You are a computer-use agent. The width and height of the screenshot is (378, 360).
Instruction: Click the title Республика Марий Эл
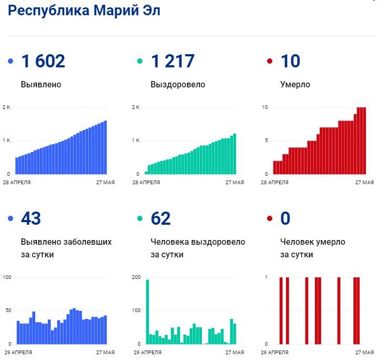84,11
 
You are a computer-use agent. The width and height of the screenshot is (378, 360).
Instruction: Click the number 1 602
43,62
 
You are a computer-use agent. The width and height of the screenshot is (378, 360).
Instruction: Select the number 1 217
172,62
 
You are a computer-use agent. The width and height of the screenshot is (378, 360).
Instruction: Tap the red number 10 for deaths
290,62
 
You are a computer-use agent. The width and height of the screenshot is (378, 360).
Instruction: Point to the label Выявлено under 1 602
41,84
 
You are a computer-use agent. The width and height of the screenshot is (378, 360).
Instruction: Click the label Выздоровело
178,84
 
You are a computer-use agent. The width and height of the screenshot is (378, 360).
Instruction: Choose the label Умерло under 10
295,84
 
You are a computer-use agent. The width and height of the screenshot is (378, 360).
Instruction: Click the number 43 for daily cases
31,218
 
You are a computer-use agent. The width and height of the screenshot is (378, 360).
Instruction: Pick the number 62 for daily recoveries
161,218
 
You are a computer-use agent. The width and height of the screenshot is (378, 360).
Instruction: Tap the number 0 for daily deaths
285,218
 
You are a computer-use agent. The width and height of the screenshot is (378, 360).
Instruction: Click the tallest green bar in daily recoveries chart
148,311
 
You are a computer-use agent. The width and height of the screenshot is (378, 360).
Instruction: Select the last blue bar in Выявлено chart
105,147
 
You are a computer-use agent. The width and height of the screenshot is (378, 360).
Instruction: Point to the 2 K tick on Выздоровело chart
136,107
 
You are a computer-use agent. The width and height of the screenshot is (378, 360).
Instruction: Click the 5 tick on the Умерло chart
267,141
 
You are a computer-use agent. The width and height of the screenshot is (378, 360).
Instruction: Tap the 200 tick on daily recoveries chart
136,277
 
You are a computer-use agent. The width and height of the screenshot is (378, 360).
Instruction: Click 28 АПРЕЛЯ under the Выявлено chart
17,183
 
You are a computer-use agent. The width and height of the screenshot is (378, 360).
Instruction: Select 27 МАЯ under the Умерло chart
364,183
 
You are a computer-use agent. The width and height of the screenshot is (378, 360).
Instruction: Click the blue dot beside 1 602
11,62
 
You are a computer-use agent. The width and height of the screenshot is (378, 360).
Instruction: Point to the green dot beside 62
140,218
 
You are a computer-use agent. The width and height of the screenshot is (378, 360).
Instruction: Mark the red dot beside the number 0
270,218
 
